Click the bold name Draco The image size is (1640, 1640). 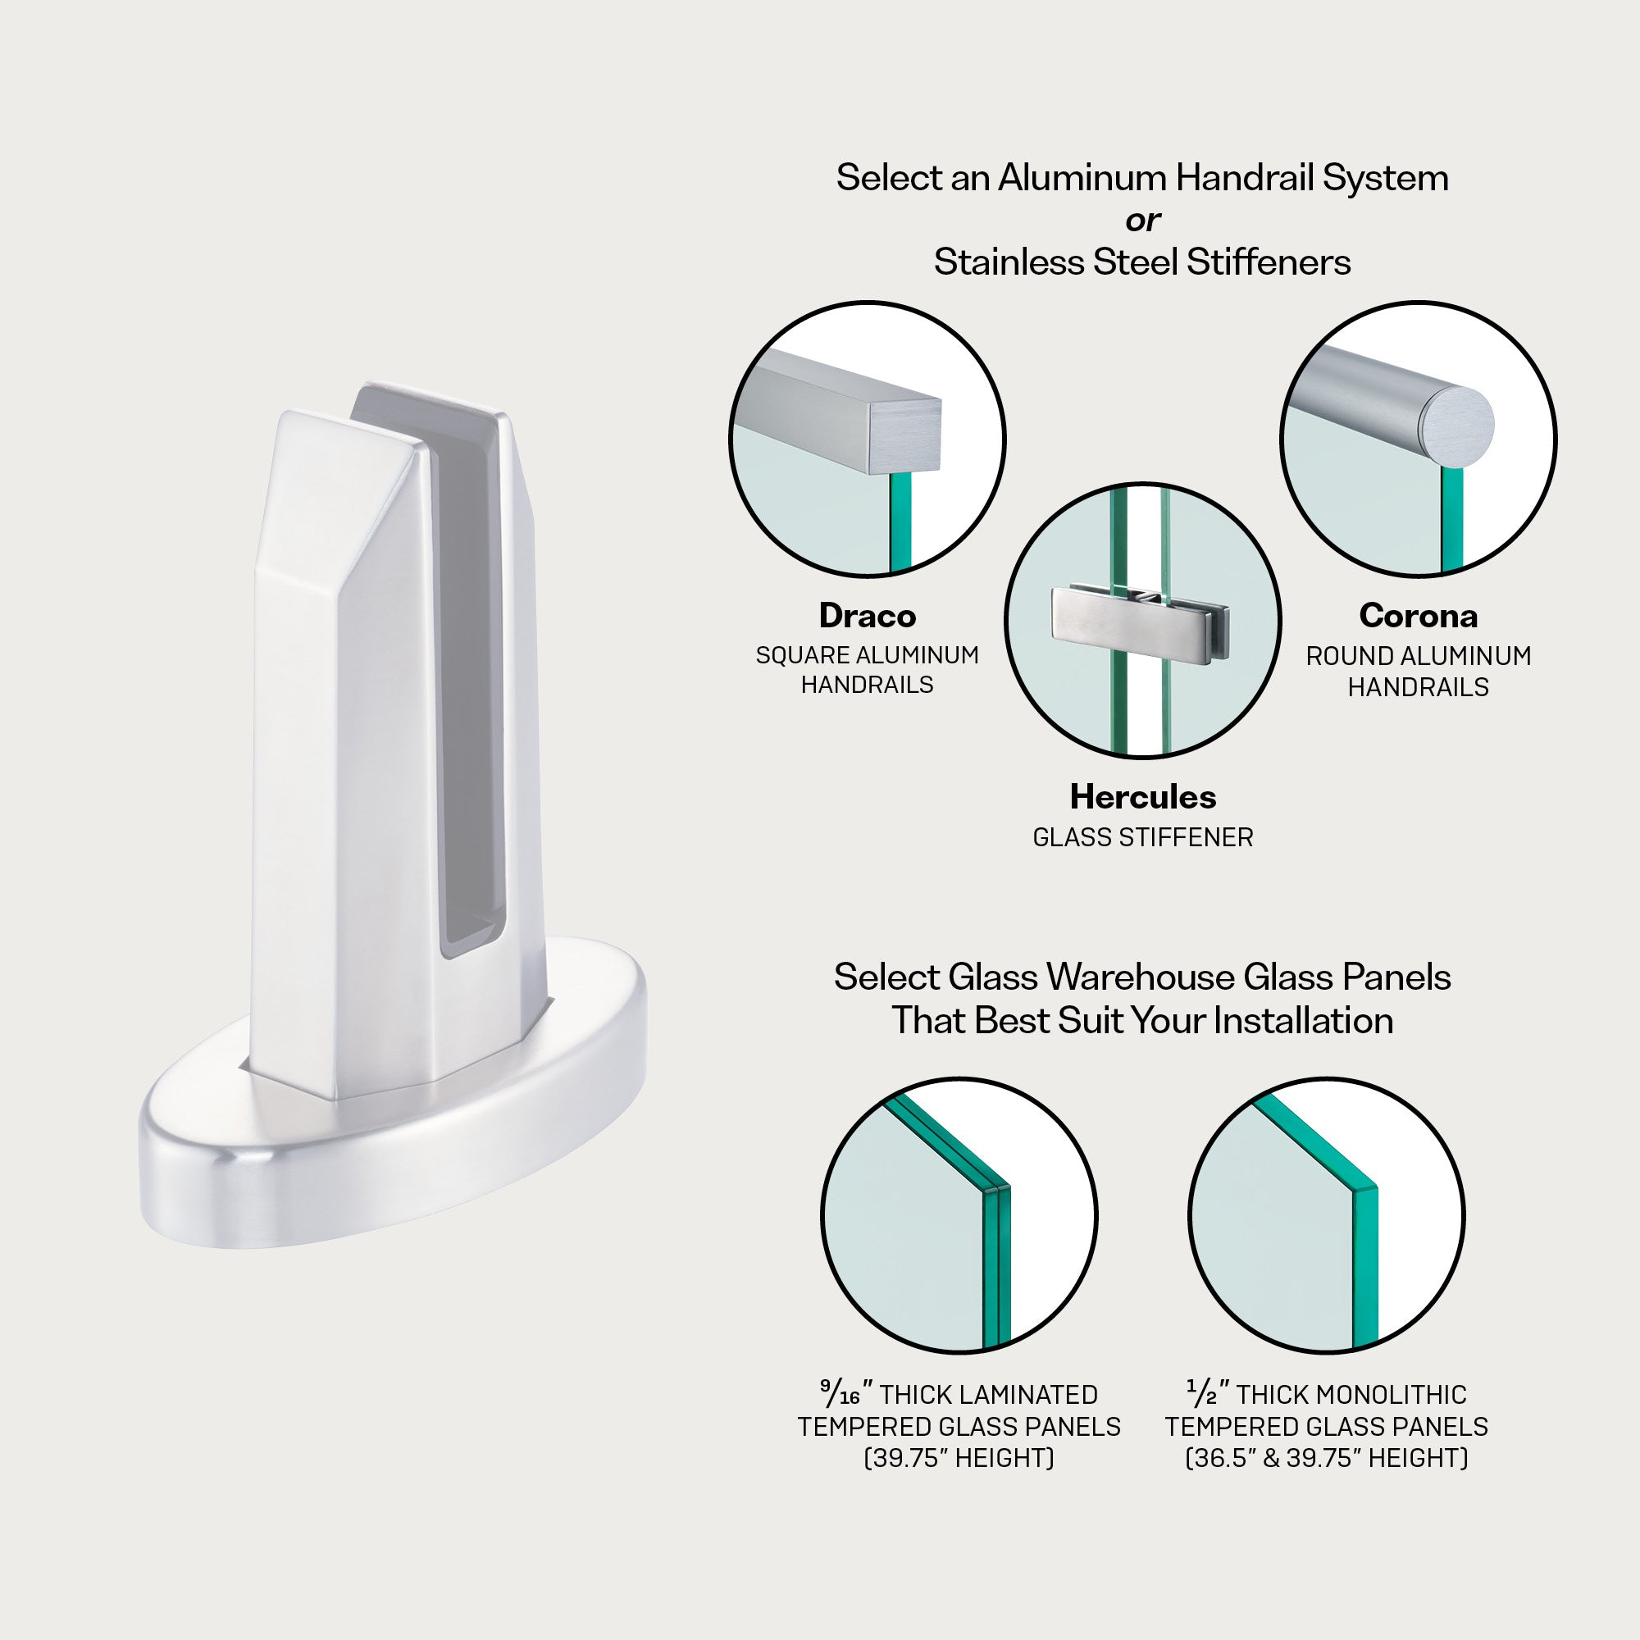coord(867,617)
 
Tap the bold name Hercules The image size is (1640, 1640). coord(1142,797)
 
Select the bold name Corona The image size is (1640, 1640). coord(1418,617)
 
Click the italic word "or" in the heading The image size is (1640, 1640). coord(1142,221)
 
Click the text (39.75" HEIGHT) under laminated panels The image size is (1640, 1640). coord(959,1458)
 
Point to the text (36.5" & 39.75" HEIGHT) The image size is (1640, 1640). coord(1326,1458)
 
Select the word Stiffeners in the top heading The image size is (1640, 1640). coord(1269,262)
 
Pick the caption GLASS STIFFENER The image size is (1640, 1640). coord(1142,838)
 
